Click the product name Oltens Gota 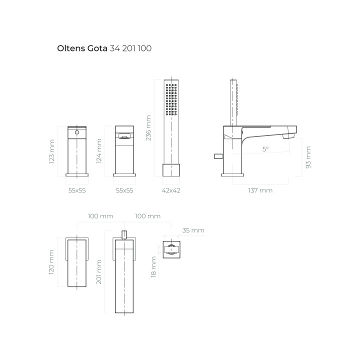coord(82,49)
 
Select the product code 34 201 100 coord(130,49)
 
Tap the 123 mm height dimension coord(52,151)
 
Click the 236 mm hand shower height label coord(148,128)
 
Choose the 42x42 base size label coord(171,190)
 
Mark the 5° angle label coord(265,149)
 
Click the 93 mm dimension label coord(308,157)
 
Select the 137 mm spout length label coord(259,190)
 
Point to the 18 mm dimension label coord(154,266)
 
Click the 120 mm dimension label coord(52,262)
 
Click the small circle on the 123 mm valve coord(77,132)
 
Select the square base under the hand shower coord(171,169)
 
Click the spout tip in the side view coord(289,135)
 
